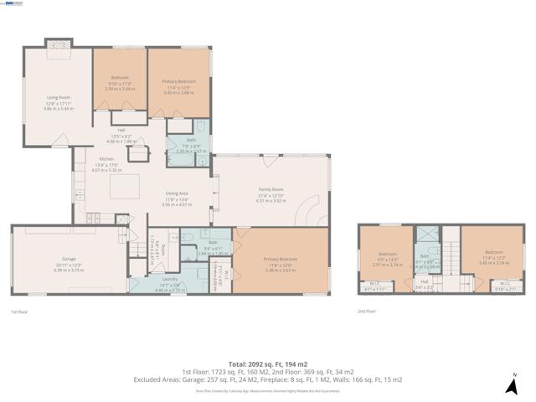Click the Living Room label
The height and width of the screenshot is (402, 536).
pos(56,97)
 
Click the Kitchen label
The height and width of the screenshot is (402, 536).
pos(106,158)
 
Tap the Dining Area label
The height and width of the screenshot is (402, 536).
pos(176,193)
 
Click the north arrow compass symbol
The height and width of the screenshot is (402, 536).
pos(513,384)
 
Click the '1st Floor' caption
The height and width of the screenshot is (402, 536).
pos(20,311)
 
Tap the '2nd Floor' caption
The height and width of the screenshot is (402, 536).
pos(366,311)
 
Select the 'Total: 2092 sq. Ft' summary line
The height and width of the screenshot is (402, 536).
pos(267,363)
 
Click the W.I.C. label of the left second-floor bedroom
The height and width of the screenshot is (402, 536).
pos(374,284)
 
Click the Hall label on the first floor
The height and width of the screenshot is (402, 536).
pos(121,130)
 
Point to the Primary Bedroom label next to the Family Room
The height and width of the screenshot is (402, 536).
pos(280,259)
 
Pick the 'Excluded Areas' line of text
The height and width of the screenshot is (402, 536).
pos(267,379)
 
